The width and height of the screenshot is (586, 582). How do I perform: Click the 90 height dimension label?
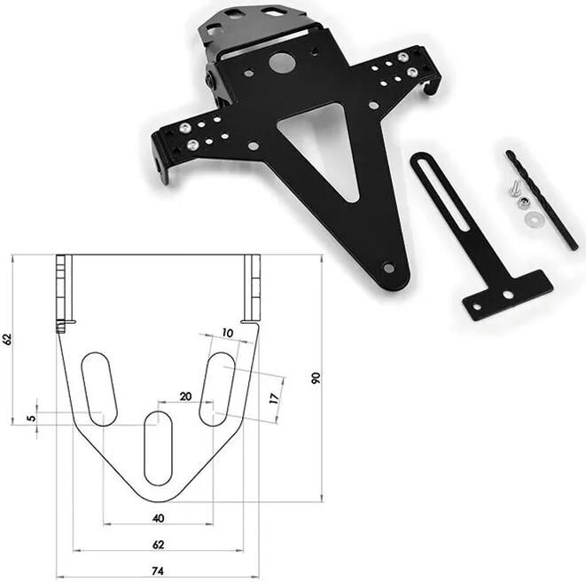click(x=316, y=378)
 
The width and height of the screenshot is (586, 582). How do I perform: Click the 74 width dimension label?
click(x=158, y=571)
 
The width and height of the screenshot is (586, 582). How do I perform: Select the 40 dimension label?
click(x=159, y=518)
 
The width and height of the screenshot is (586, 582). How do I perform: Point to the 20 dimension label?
click(x=186, y=397)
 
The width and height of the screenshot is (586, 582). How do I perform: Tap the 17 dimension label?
click(x=275, y=398)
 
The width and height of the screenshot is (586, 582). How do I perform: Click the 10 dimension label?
click(x=228, y=333)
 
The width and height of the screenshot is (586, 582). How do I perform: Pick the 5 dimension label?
click(x=33, y=417)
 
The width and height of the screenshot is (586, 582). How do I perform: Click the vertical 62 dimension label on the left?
click(x=7, y=339)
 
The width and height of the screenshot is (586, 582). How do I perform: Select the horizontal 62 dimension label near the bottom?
click(x=159, y=545)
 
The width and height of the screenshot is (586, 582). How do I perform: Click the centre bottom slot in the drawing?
click(x=158, y=448)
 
